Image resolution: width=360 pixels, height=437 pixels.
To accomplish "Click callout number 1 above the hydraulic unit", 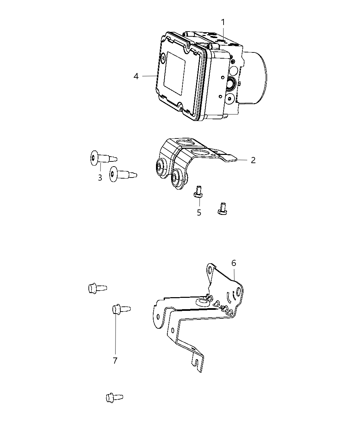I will (x=223, y=22).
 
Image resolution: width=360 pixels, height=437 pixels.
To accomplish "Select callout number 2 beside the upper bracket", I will (x=253, y=160).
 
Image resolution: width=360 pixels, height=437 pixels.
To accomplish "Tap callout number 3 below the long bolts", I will (x=100, y=178).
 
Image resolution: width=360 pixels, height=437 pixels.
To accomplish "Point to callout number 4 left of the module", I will (x=136, y=76).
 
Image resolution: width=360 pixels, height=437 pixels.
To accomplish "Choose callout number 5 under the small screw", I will (x=199, y=213).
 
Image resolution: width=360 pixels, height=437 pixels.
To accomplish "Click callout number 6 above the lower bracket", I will (x=233, y=263).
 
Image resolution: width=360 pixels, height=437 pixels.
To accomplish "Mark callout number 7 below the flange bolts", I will (x=115, y=360).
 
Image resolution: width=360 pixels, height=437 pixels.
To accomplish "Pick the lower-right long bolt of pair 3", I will (x=122, y=174).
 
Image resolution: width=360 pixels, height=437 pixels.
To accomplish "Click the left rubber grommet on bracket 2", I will (x=160, y=167).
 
